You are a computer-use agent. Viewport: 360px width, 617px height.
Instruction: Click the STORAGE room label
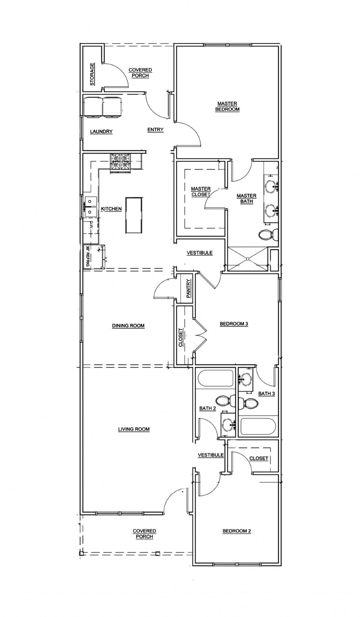click(92, 74)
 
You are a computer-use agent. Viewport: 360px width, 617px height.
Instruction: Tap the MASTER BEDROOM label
click(227, 106)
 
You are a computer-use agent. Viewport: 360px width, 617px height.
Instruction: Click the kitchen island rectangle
click(134, 215)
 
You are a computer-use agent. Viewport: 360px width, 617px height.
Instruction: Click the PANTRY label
click(189, 288)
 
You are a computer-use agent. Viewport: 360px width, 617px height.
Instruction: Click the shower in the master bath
click(247, 259)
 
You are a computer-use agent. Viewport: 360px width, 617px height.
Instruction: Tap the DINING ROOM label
click(128, 326)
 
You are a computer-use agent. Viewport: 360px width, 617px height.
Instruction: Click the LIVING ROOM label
click(134, 429)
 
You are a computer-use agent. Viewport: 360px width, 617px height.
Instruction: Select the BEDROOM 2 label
click(237, 531)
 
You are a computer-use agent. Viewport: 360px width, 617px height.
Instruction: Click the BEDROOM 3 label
click(234, 324)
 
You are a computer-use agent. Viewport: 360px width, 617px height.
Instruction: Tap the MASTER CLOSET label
click(201, 192)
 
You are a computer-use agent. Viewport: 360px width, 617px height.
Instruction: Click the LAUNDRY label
click(101, 132)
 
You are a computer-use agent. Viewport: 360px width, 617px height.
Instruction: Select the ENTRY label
click(155, 129)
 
